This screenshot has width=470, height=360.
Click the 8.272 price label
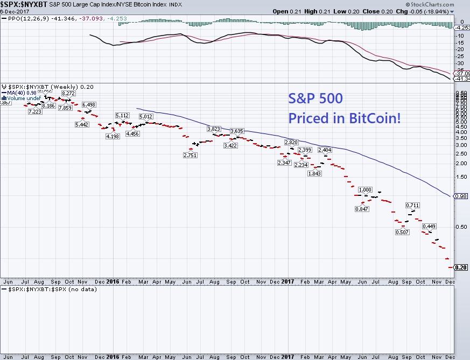pos(67,94)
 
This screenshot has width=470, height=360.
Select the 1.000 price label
pos(365,189)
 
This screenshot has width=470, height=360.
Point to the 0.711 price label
pos(413,205)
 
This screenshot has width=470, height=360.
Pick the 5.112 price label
pos(122,116)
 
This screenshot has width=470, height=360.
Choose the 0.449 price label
pos(430,226)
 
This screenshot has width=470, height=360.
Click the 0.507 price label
pos(402,232)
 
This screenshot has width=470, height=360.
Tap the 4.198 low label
pos(113,136)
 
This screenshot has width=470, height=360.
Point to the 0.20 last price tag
pos(460,267)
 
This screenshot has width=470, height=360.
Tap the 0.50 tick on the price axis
pos(461,227)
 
